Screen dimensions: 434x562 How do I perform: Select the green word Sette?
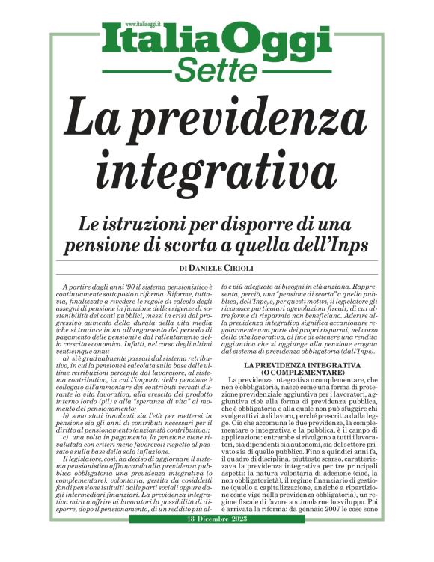(x=216, y=68)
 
